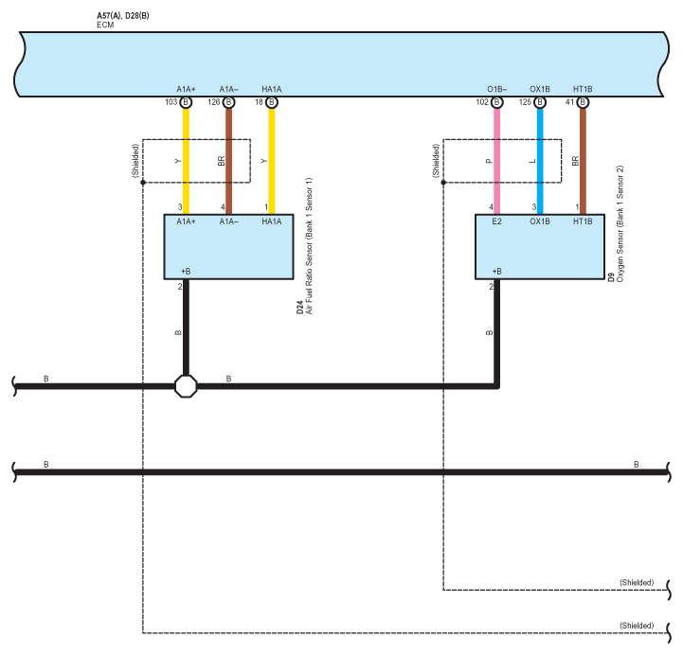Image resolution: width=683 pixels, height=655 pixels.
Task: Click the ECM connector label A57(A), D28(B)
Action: (123, 16)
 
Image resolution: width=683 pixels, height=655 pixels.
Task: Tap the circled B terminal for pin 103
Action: (186, 102)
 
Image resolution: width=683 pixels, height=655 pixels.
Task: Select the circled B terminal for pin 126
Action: (228, 102)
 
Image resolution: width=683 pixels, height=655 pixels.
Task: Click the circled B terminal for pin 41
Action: (583, 102)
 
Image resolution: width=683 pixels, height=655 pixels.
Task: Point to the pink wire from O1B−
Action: (496, 161)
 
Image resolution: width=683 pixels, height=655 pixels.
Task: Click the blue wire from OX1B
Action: (540, 161)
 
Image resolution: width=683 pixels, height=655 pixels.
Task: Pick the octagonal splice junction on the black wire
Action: (186, 386)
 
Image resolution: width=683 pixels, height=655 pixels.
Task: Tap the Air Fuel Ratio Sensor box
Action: (228, 247)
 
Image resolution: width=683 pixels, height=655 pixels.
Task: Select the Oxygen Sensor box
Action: (540, 247)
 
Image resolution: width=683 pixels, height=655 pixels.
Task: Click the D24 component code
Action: (299, 308)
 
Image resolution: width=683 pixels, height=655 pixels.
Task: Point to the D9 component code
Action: (611, 277)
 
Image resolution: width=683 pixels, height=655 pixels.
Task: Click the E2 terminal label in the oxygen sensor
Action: (496, 221)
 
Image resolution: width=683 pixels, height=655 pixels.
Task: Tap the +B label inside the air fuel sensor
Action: (186, 271)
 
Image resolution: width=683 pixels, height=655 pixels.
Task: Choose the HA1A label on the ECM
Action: (271, 89)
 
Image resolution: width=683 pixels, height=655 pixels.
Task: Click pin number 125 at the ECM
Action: (525, 102)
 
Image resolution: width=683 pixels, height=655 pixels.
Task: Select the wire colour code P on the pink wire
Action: (489, 161)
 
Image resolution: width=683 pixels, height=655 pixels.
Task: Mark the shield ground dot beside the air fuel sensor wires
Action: (143, 183)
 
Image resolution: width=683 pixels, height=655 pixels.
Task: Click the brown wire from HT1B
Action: (583, 161)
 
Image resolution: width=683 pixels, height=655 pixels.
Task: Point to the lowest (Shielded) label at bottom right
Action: (637, 626)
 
